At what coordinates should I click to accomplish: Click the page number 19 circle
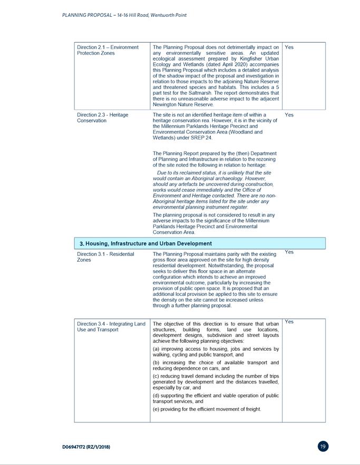323,447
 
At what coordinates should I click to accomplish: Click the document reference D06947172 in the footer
86,447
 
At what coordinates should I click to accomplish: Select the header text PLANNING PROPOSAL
85,15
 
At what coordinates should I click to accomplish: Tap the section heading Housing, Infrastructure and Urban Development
145,243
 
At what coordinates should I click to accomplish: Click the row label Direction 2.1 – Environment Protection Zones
108,50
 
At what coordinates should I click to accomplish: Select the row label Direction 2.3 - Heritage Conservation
102,117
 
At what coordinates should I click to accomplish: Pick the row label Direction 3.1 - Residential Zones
105,256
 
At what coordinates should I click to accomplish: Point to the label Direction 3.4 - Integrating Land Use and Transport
111,327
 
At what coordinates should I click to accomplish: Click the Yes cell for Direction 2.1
289,47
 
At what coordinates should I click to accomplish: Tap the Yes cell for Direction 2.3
289,114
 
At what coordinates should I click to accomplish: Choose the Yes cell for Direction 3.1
289,252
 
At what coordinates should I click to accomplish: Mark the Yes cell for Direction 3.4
289,321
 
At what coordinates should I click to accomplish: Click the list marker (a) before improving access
157,349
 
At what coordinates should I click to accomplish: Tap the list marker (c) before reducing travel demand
157,376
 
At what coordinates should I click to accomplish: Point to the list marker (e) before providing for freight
157,409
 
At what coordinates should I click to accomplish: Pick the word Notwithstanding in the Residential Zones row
232,265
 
